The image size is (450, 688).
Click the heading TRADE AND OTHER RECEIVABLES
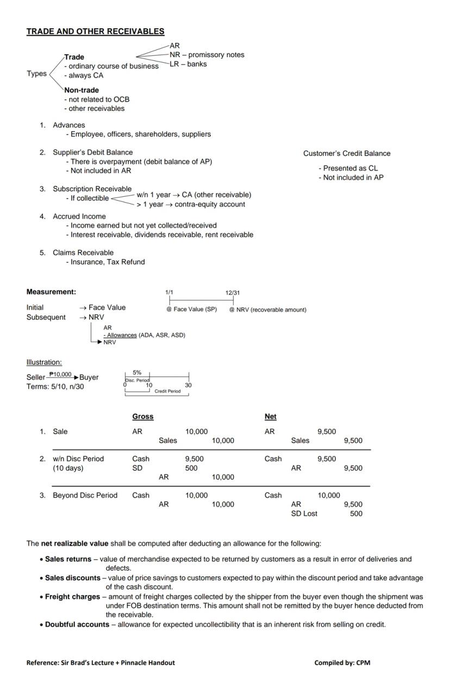95,32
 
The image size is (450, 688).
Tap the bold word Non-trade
82,90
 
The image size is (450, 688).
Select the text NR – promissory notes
207,55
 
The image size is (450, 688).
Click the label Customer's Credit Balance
347,153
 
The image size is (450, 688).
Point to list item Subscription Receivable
92,189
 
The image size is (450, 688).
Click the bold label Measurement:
51,292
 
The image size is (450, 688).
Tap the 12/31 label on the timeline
233,293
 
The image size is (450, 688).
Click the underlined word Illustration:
44,362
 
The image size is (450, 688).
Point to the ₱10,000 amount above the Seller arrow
60,374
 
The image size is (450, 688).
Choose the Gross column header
143,416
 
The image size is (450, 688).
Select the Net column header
271,416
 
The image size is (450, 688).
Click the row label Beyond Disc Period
85,495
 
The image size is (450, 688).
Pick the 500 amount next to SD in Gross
191,468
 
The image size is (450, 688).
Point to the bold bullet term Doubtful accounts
77,624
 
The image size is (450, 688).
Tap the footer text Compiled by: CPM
342,662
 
